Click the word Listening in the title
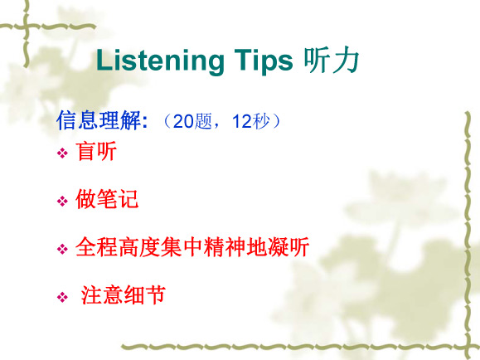click(160, 61)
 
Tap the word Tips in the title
click(264, 61)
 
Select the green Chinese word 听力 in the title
click(332, 61)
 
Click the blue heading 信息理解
click(99, 120)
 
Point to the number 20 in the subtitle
click(183, 121)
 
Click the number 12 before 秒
click(242, 121)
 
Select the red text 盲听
click(96, 151)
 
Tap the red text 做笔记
click(107, 199)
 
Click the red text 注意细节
click(124, 294)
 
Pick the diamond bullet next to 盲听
click(62, 153)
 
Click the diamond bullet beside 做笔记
click(62, 202)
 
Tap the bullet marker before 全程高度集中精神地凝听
click(62, 249)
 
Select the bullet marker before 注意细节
click(62, 297)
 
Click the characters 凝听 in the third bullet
click(288, 247)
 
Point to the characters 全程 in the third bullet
click(96, 247)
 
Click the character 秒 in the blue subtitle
click(261, 121)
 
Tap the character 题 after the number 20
click(203, 121)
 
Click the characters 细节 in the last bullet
click(145, 294)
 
